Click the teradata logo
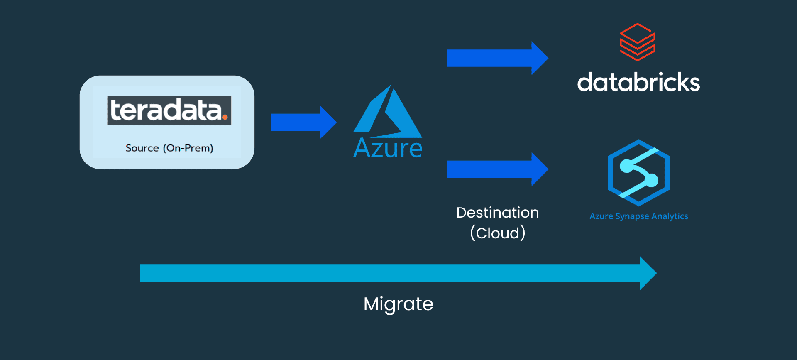pos(169,110)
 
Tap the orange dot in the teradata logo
pos(225,117)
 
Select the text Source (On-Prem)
pos(169,148)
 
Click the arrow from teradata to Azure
pos(303,122)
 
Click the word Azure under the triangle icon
pos(388,148)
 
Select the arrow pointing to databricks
pos(497,58)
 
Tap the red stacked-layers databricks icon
pos(638,42)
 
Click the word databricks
pos(638,82)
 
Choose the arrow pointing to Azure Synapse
pos(497,169)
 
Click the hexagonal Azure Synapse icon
pos(638,173)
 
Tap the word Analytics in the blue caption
pos(670,216)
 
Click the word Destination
pos(498,213)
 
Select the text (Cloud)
pos(498,233)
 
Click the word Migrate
pos(398,304)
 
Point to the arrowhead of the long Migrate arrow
pos(648,273)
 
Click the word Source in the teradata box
pos(142,148)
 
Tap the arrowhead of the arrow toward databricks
pos(540,58)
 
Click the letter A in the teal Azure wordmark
pos(362,148)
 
